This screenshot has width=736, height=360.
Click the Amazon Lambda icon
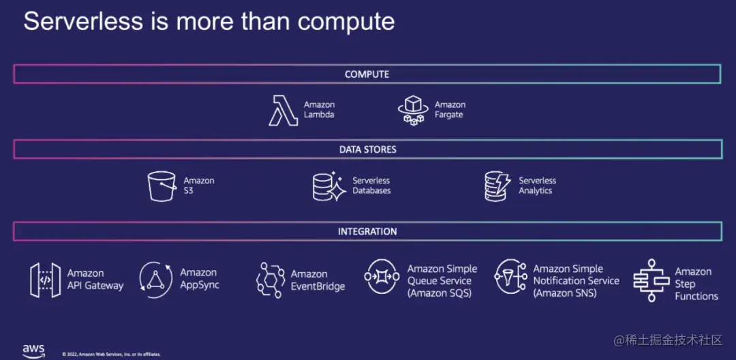point(283,110)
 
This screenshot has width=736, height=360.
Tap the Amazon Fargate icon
point(413,110)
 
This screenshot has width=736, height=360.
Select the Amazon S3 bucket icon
point(162,185)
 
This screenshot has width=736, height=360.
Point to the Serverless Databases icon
point(329,185)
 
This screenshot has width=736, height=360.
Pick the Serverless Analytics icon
point(497,185)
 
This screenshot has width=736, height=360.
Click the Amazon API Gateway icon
point(45,280)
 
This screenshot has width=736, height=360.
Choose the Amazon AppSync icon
point(155,280)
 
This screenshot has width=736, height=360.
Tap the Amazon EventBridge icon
point(271,280)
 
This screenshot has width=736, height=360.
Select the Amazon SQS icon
point(382,277)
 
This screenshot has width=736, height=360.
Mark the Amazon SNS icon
point(509,277)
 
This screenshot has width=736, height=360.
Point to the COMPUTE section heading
point(367,74)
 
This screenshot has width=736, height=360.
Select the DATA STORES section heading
point(367,149)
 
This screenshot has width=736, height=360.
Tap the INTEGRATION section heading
point(367,232)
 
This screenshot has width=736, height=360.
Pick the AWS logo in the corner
point(33,350)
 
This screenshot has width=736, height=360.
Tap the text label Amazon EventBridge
point(318,280)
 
